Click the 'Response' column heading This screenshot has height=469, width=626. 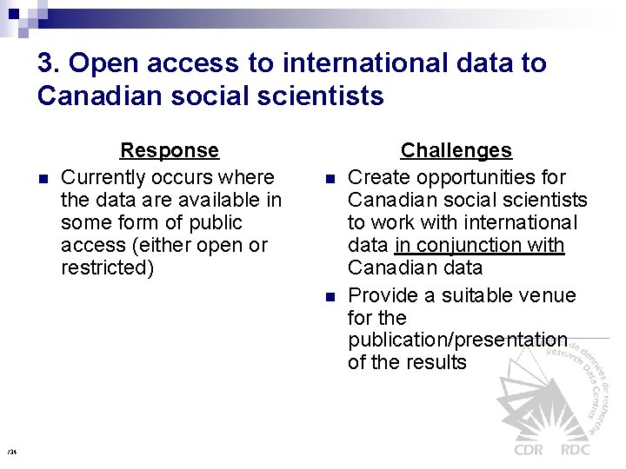(170, 150)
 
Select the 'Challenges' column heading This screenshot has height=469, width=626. (456, 150)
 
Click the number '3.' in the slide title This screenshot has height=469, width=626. (49, 63)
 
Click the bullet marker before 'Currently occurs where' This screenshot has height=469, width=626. (43, 179)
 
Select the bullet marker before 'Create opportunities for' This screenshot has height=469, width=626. (330, 179)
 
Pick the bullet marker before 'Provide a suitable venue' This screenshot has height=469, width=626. (330, 297)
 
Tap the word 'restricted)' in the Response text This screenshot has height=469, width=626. (107, 268)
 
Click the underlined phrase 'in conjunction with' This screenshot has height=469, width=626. (479, 245)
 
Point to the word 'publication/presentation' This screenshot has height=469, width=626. (457, 340)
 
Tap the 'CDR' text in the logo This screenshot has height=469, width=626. (529, 449)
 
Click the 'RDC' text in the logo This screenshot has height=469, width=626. (575, 449)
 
